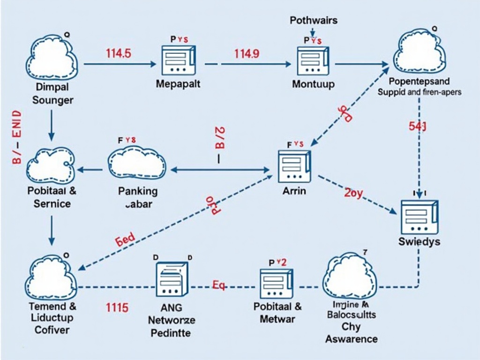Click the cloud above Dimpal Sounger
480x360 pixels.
(52, 58)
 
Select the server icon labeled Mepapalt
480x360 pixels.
(178, 60)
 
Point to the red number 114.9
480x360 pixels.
(246, 53)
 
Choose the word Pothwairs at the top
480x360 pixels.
(314, 21)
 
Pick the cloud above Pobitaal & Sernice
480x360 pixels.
(50, 164)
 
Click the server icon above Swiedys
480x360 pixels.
(420, 216)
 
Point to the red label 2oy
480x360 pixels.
(354, 193)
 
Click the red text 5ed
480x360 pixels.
(125, 239)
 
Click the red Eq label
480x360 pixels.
(219, 284)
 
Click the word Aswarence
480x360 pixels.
(352, 338)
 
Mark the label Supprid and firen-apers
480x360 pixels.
(420, 92)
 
